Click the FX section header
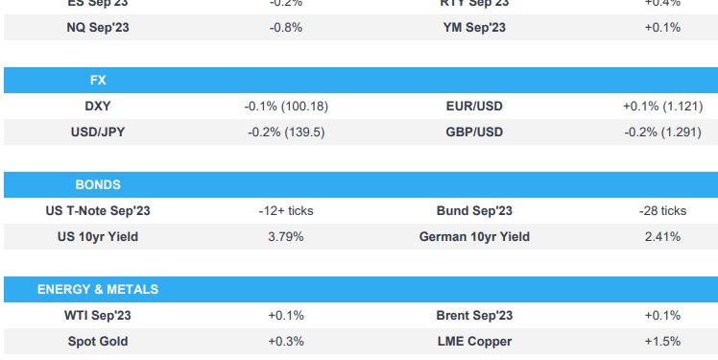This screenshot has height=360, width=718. [x=98, y=80]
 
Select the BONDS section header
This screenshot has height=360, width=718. [x=98, y=184]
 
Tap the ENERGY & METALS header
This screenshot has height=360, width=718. [x=98, y=289]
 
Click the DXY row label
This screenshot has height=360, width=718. [x=98, y=106]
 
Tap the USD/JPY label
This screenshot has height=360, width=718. [x=98, y=132]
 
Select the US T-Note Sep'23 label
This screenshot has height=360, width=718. [x=98, y=210]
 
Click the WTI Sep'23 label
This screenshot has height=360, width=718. [x=98, y=315]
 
